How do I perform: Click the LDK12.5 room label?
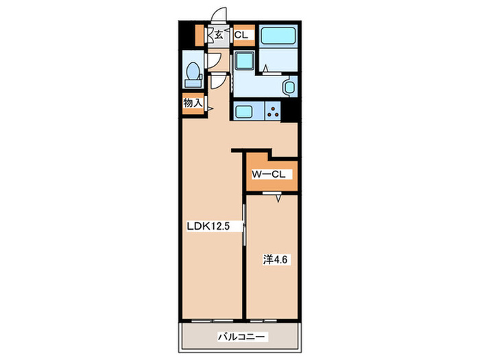(x=208, y=226)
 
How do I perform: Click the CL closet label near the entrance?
(x=241, y=34)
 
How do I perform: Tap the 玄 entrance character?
(x=218, y=34)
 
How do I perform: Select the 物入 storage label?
(x=192, y=103)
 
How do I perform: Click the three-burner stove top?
(x=274, y=112)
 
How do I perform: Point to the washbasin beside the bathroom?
(x=289, y=87)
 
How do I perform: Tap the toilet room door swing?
(x=215, y=82)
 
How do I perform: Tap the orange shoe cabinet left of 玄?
(x=200, y=34)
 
